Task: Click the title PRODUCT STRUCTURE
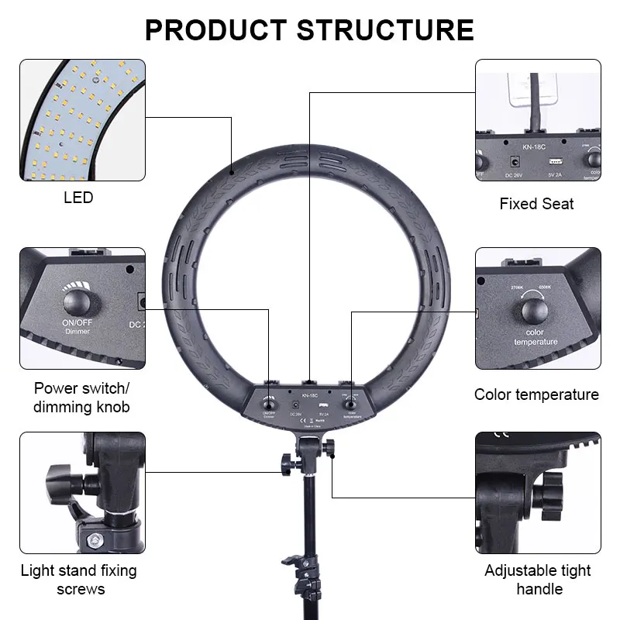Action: pos(309,29)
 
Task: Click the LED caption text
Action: pos(78,198)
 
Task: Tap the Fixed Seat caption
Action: pos(537,204)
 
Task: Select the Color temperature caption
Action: pos(537,394)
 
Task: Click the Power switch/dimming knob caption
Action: pos(82,397)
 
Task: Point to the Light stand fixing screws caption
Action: pos(78,580)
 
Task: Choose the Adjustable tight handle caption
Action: pos(538,580)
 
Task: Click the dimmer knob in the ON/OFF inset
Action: pos(77,301)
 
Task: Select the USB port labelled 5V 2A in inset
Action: pos(555,162)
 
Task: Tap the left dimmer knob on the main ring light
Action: pos(270,401)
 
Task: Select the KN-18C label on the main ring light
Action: pos(310,394)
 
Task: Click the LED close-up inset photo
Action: pos(82,120)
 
